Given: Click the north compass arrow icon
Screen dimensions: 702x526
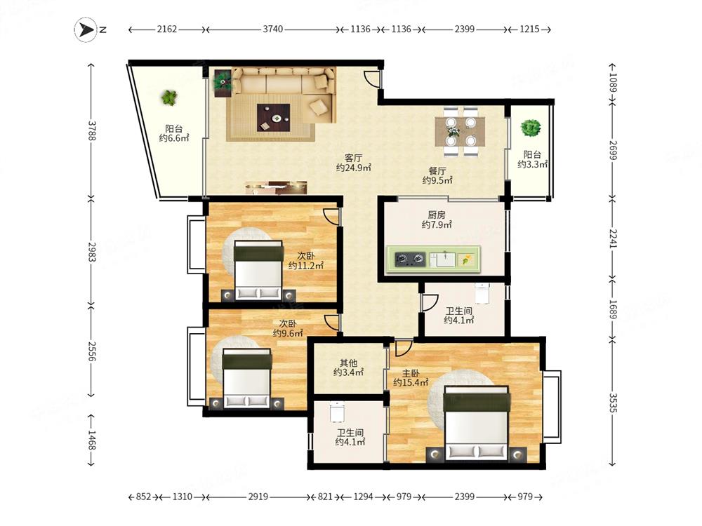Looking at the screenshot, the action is (x=86, y=30).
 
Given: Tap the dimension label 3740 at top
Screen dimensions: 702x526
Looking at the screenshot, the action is (x=272, y=29).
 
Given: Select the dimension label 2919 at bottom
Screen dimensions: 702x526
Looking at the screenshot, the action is (x=258, y=497).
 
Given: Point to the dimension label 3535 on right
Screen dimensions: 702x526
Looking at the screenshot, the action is (x=612, y=403).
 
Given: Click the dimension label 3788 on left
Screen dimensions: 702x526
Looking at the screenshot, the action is (x=91, y=130).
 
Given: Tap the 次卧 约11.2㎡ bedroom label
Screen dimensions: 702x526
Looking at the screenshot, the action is (x=306, y=260).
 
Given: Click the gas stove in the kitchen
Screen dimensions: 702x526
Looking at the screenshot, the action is (x=410, y=259).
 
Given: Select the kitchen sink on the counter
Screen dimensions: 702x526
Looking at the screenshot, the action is (x=442, y=259).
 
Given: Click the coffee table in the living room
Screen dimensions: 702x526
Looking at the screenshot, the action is (x=273, y=118).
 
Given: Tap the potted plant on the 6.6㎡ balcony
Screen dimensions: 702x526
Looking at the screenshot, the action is (x=169, y=97).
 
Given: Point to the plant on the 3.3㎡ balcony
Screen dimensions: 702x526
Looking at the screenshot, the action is (x=531, y=128).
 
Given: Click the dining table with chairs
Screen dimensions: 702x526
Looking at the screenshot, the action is (x=460, y=132).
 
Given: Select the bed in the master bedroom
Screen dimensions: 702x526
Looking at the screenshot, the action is (x=477, y=423).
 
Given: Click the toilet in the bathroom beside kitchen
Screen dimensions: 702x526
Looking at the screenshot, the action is (x=482, y=293).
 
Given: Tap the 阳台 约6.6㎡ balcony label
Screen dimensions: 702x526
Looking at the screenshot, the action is (x=174, y=134).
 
